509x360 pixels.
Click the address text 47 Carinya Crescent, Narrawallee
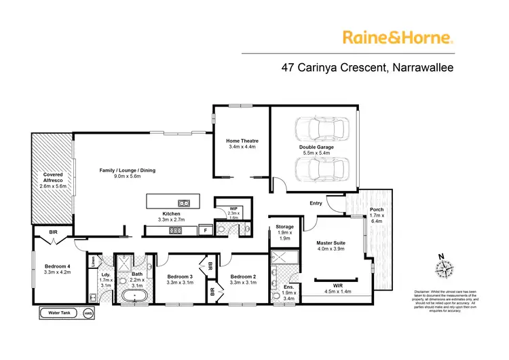click(368, 67)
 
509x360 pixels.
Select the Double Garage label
click(315, 150)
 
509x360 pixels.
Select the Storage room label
click(285, 232)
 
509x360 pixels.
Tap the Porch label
click(377, 214)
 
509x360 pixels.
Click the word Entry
click(316, 202)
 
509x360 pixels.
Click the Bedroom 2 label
click(242, 280)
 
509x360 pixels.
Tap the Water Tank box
click(60, 313)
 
